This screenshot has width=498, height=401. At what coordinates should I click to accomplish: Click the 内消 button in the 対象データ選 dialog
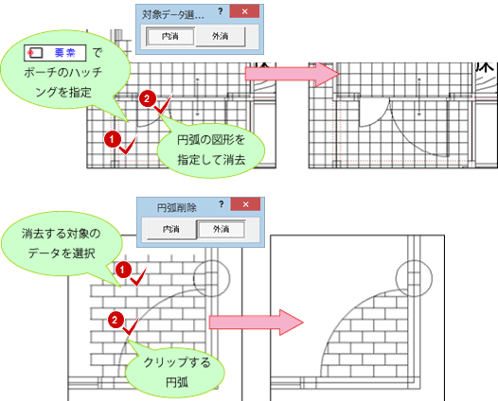click(x=170, y=37)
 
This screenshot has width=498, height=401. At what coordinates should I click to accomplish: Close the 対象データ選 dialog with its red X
click(x=244, y=11)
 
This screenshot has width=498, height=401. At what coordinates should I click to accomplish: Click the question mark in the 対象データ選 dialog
click(x=221, y=11)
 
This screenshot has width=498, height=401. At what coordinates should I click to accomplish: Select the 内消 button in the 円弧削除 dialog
click(x=171, y=229)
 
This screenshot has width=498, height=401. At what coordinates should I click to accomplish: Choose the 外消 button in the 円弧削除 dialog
click(x=221, y=229)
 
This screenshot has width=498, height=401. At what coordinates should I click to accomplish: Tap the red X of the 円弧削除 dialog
click(x=245, y=204)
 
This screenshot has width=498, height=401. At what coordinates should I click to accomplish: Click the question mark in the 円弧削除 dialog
click(x=222, y=204)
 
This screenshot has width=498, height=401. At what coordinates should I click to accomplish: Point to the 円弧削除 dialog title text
click(x=177, y=208)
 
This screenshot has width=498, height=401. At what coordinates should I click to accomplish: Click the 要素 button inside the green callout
click(x=55, y=53)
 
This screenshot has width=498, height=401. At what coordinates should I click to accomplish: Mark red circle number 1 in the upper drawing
click(x=112, y=139)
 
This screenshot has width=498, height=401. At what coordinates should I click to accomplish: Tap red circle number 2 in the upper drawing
click(x=147, y=98)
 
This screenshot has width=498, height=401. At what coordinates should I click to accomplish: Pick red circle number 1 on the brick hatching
click(x=123, y=270)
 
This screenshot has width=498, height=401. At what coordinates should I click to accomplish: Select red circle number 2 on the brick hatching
click(x=116, y=320)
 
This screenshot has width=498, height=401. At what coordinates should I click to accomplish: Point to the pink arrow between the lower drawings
click(x=256, y=323)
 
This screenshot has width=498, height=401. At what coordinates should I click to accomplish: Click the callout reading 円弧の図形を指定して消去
click(x=211, y=149)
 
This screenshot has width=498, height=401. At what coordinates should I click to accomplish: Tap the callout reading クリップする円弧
click(x=176, y=371)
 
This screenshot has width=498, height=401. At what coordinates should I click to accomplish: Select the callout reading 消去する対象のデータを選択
click(x=61, y=244)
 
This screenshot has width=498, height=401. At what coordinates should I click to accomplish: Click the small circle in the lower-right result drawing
click(x=414, y=278)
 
